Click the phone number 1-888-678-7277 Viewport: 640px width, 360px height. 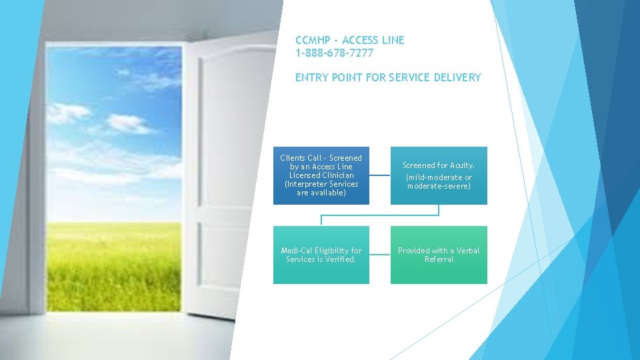[x=334, y=53]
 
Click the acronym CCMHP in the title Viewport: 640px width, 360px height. [x=313, y=40]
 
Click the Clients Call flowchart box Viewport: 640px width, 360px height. [x=321, y=175]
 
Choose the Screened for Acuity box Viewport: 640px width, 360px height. [x=439, y=175]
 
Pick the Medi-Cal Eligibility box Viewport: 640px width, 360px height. [x=321, y=255]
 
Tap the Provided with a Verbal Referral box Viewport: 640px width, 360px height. [x=439, y=255]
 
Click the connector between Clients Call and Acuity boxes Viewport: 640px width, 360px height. [x=380, y=175]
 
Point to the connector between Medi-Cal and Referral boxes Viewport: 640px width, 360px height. [x=380, y=255]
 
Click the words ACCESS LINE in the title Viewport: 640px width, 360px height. [x=373, y=40]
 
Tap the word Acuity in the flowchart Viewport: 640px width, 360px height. [x=462, y=165]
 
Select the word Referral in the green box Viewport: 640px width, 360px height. [x=439, y=259]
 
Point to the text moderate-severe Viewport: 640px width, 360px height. [x=439, y=186]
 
